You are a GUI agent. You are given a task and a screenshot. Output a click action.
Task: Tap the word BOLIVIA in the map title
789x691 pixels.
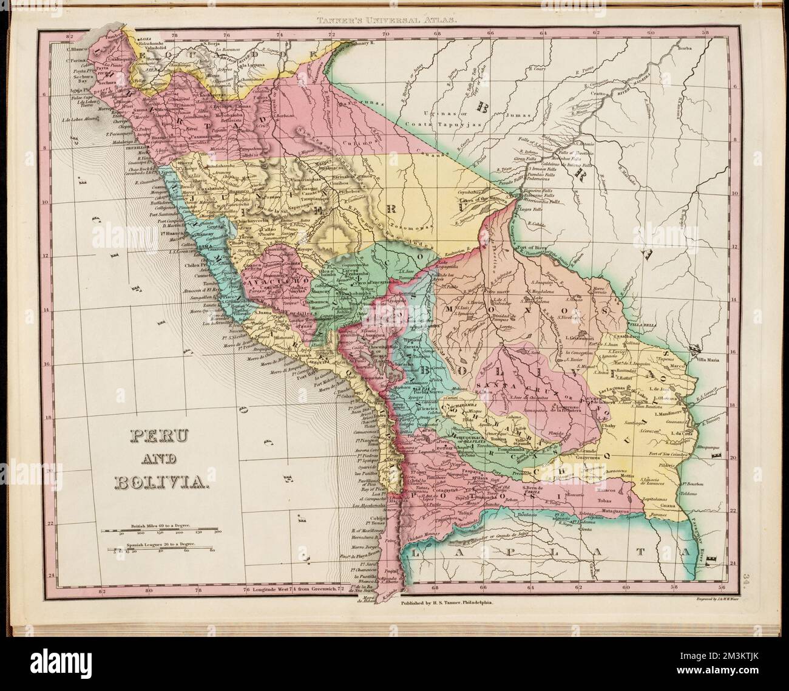tap(161, 483)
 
